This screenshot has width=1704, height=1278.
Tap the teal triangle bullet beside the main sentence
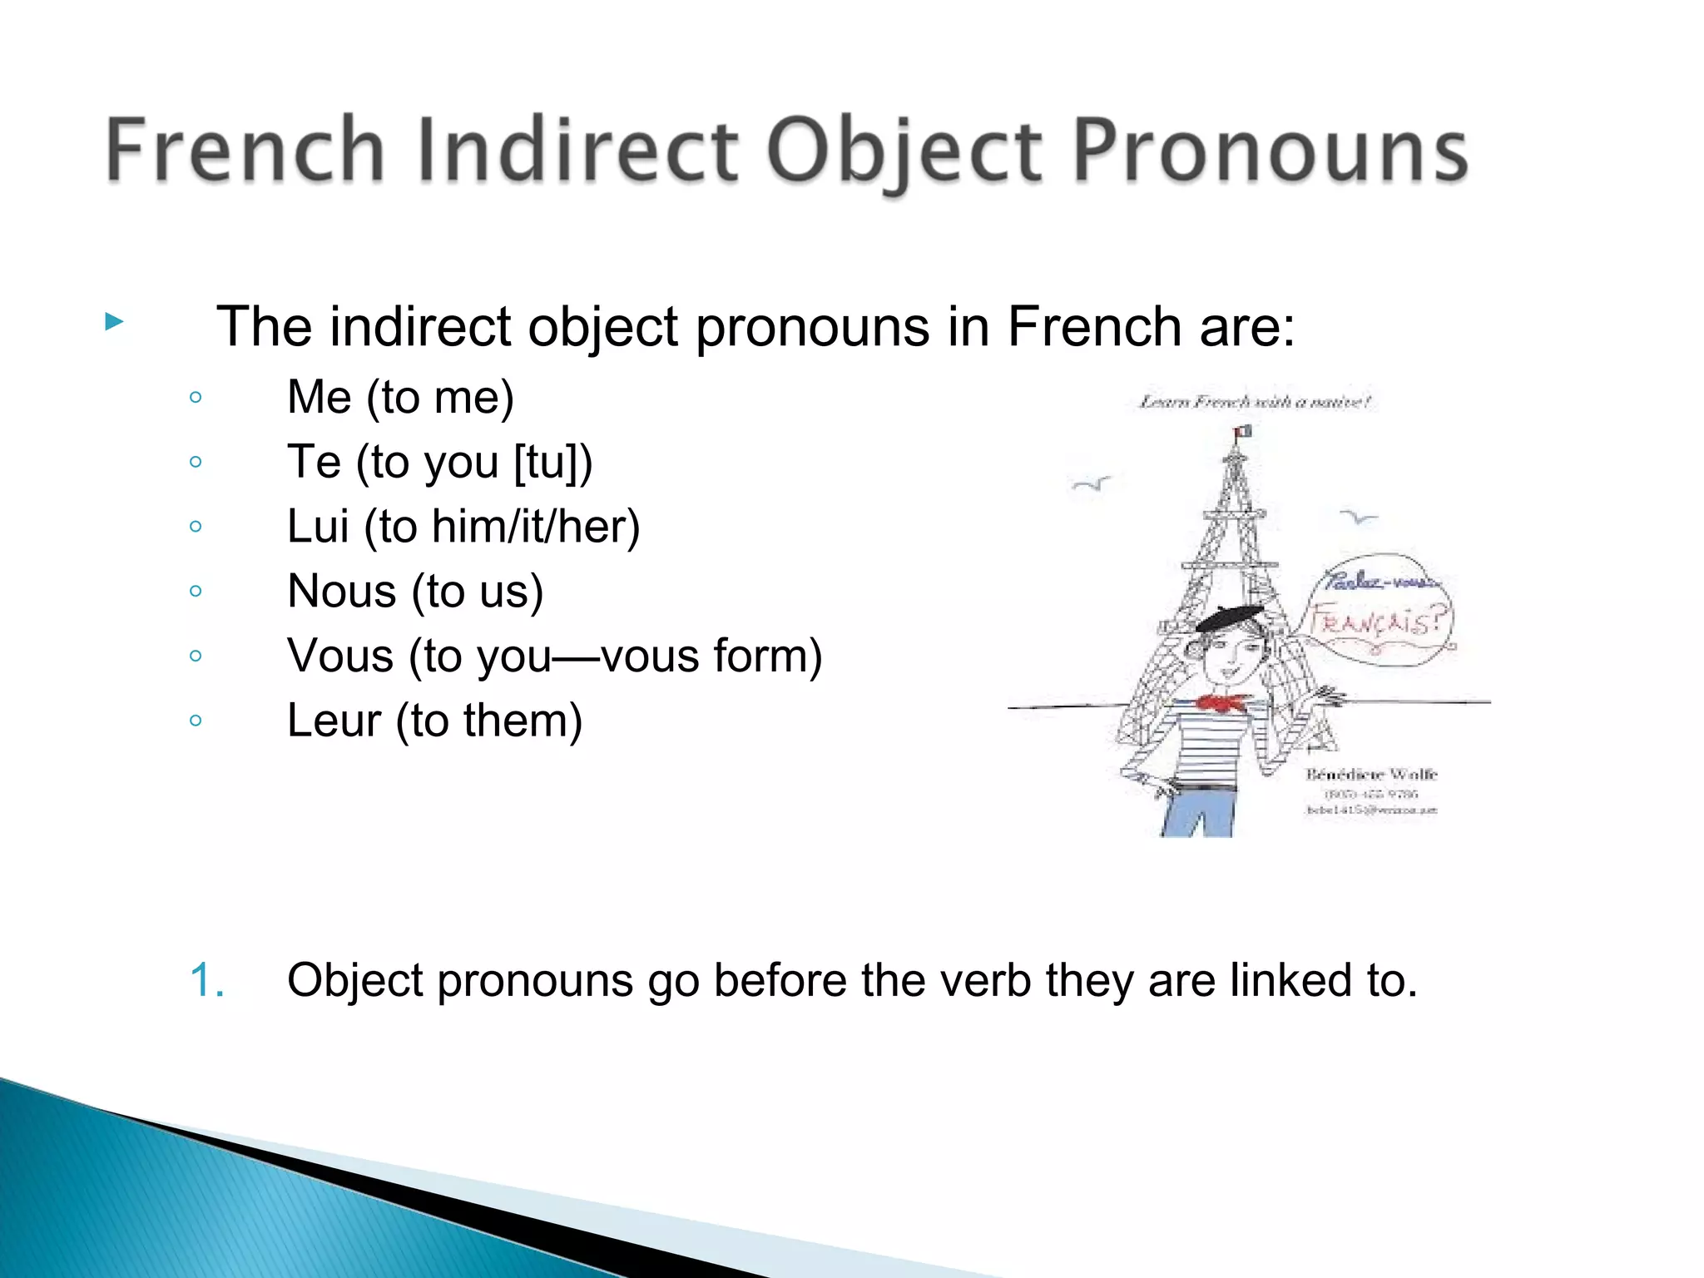point(115,322)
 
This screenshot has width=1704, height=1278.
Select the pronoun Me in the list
point(319,397)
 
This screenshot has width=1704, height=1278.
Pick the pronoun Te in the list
point(314,462)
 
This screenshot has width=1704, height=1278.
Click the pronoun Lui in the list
point(317,527)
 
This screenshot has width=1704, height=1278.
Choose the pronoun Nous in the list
point(341,592)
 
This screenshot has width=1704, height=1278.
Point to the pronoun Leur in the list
point(334,721)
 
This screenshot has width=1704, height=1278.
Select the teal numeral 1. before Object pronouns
point(207,980)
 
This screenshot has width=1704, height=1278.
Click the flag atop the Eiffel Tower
point(1243,431)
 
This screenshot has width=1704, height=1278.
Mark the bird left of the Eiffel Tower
point(1091,483)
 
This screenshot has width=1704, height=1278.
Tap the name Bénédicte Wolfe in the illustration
point(1371,775)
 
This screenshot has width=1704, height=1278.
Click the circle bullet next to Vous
point(196,656)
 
